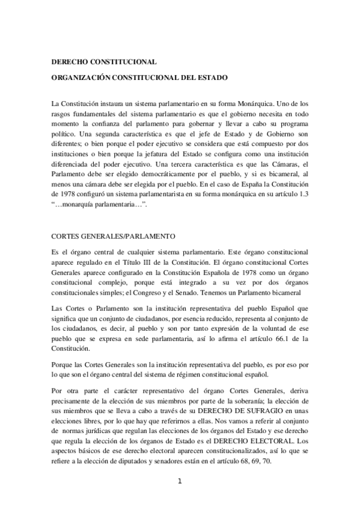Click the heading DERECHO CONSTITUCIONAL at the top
click(x=104, y=61)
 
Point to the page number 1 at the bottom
click(x=180, y=481)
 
